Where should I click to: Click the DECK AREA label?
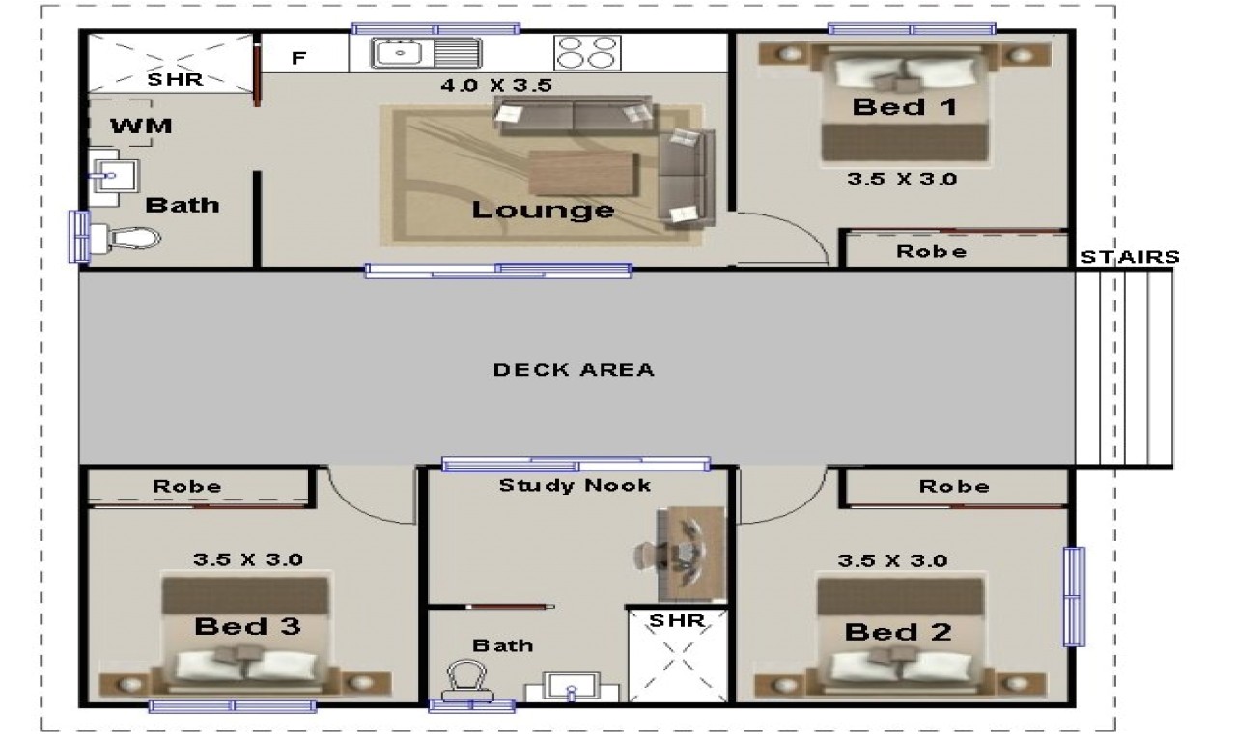pos(574,369)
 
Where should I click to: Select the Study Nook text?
pos(575,486)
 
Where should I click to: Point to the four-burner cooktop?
pos(585,51)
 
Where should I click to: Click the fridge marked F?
pos(298,58)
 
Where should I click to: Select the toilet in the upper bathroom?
pos(131,237)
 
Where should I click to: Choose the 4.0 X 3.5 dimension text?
pos(495,86)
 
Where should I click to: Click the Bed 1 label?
pos(904,107)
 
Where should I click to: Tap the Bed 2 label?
pos(898,633)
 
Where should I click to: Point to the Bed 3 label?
pos(247,627)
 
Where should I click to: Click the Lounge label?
pos(543,210)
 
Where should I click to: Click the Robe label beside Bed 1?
pos(931,252)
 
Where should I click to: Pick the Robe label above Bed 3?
pos(187,487)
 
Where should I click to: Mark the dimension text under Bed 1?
pos(902,180)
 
